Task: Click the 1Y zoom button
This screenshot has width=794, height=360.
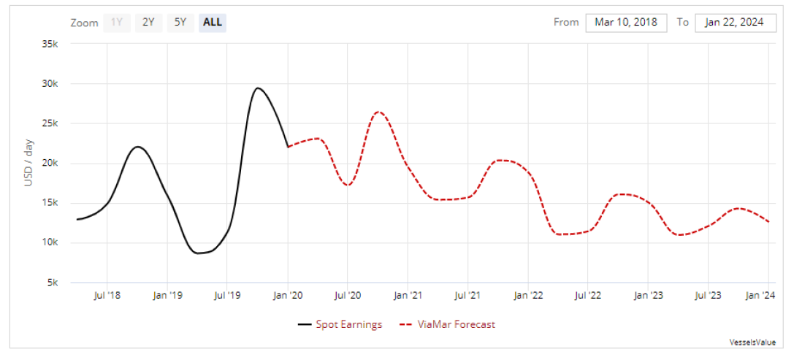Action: pos(117,22)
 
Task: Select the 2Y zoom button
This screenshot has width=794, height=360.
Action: pos(148,22)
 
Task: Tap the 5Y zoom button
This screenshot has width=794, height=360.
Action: pos(180,22)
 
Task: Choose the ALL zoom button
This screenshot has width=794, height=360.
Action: pos(213,22)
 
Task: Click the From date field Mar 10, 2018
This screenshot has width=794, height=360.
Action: pos(626,22)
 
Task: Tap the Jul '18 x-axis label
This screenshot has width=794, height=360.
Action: pos(107,295)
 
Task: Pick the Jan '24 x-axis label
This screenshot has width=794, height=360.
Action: pos(761,295)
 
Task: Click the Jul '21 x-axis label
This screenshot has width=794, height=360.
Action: pos(467,295)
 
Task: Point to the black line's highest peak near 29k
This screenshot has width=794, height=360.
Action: pos(257,88)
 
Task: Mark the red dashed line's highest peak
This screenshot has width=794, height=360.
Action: pos(378,112)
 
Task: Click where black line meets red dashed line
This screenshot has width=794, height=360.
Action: pos(289,147)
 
